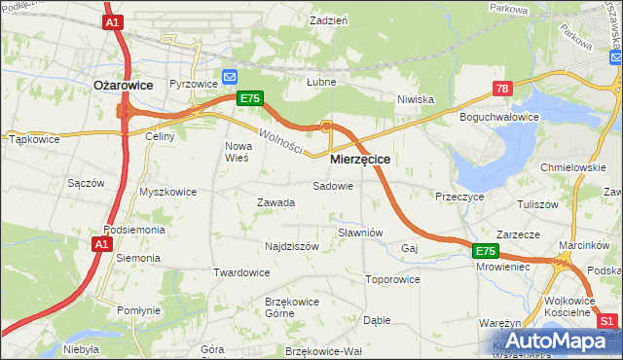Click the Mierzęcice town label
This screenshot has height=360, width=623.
tap(360, 159)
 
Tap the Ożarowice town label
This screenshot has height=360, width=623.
tap(123, 86)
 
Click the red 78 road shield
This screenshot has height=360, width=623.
tap(501, 89)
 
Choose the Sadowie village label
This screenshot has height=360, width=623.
tap(332, 185)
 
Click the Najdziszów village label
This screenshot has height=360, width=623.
tap(291, 246)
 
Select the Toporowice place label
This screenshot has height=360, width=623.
tap(392, 279)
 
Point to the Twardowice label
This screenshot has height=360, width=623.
tap(241, 272)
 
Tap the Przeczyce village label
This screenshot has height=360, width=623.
tap(460, 196)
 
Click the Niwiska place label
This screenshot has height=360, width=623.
tap(415, 99)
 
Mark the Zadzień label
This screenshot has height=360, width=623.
tap(328, 19)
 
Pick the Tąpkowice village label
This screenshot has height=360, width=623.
tap(34, 139)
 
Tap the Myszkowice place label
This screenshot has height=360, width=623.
tap(167, 192)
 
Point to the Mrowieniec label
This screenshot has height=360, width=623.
tap(503, 265)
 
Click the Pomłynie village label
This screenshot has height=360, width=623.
tap(138, 310)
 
